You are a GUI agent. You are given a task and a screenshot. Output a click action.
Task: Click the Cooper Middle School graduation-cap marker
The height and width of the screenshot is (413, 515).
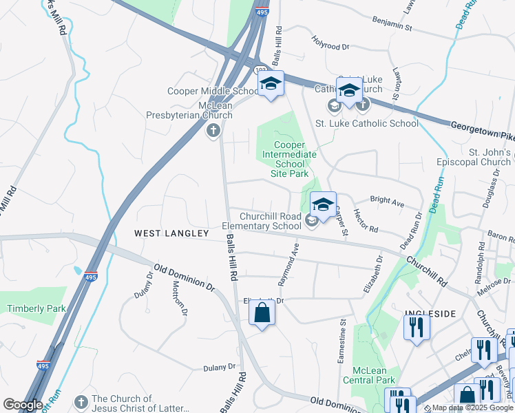pos(271,85)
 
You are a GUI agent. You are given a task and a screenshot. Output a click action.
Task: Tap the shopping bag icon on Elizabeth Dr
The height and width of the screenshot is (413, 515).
pos(262,313)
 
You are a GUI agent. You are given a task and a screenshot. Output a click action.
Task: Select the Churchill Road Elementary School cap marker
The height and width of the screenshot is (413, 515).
pos(323,204)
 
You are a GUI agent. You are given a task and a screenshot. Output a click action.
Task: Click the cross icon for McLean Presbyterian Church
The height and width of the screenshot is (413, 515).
pos(213,130)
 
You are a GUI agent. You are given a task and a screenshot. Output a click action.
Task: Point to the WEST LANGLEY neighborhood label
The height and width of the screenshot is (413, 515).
pos(171,234)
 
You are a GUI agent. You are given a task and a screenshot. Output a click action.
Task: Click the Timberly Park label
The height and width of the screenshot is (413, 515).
pos(36,308)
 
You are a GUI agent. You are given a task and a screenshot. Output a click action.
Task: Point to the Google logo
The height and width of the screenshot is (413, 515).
pos(23,405)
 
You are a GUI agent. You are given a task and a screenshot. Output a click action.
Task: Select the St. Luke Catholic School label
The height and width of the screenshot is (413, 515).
pos(366,124)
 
